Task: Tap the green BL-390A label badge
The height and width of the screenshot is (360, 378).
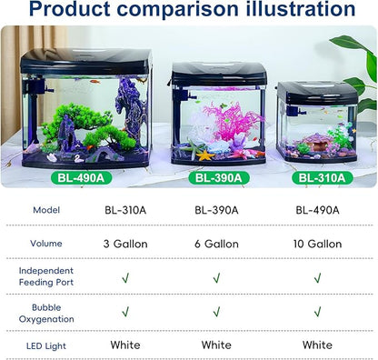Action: (214, 176)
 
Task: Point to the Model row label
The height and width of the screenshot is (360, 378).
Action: (45, 209)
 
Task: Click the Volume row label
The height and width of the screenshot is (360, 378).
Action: (45, 244)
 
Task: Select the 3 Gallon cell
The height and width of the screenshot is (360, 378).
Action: (125, 244)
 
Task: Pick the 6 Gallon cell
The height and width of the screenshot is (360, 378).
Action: (216, 244)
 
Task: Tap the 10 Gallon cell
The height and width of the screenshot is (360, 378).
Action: (317, 244)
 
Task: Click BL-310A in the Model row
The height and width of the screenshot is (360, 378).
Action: (125, 209)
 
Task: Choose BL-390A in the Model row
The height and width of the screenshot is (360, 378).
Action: (216, 209)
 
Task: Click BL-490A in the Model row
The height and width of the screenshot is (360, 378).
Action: (317, 209)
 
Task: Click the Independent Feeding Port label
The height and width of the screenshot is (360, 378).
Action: (45, 277)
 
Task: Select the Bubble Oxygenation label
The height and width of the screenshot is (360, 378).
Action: (45, 313)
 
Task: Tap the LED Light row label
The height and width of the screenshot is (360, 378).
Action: (45, 345)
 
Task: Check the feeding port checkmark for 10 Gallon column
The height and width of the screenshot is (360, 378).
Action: (317, 278)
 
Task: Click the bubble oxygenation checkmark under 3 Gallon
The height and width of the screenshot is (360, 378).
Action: (125, 312)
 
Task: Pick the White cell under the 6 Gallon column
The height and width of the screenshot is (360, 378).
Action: (216, 345)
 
